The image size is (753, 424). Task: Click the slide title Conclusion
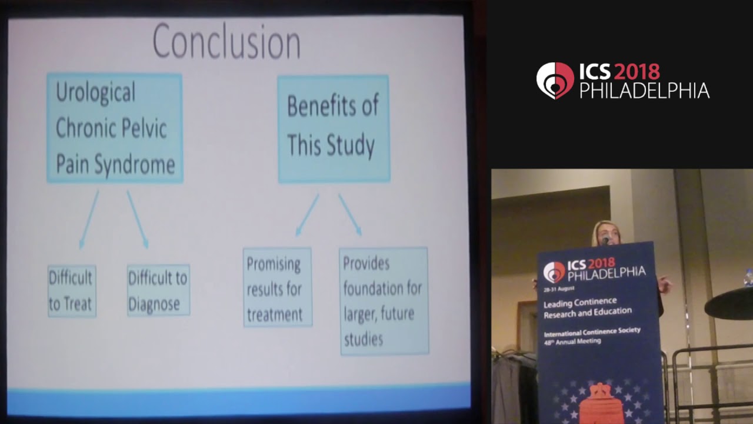click(226, 41)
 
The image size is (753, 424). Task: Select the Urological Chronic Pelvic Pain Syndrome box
click(115, 128)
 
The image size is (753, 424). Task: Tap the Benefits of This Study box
click(333, 128)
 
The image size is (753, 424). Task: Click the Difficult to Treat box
click(71, 291)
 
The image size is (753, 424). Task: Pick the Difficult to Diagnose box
click(158, 290)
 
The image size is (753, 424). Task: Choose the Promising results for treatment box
click(277, 287)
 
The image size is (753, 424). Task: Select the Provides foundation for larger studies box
click(384, 301)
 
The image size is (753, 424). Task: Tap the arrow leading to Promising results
click(306, 216)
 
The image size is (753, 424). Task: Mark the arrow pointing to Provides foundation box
click(350, 216)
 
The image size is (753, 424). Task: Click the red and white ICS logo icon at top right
click(555, 81)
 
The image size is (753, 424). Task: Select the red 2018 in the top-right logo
click(637, 72)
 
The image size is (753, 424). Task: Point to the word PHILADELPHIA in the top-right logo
click(644, 91)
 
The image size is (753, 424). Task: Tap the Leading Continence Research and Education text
click(587, 307)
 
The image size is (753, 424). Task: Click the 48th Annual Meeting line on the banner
click(572, 341)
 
